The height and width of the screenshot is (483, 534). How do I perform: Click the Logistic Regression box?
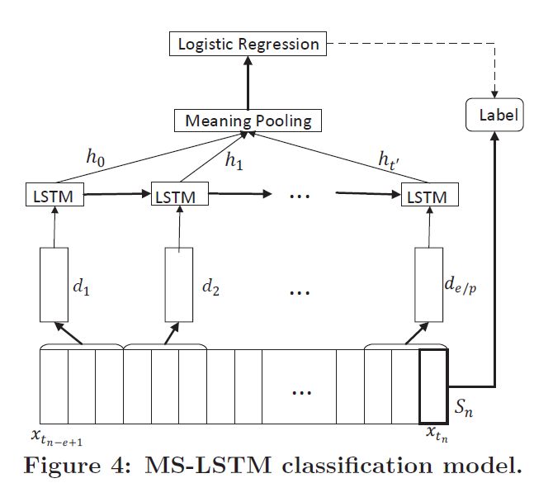(248, 44)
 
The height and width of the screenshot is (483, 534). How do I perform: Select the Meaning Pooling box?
(248, 121)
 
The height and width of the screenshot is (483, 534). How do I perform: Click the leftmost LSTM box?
(54, 197)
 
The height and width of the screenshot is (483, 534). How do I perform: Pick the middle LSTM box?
(179, 197)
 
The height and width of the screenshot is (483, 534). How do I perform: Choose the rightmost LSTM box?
(428, 197)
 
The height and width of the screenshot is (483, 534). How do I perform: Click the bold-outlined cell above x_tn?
(433, 386)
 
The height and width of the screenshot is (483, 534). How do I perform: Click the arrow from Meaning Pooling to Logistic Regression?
(248, 83)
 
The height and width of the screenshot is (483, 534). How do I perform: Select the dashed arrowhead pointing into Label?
(495, 92)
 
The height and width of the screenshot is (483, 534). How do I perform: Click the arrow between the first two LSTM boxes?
(116, 197)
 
